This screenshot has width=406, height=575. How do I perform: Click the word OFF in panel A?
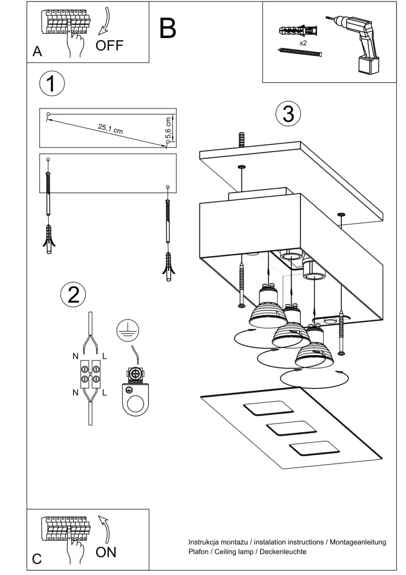109,45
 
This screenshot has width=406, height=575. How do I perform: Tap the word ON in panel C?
106,552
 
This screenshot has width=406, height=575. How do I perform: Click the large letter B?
168,28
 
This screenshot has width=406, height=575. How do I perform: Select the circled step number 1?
52,84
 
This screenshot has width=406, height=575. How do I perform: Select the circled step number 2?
73,294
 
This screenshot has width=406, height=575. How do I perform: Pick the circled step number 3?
288,114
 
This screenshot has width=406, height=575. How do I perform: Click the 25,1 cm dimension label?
110,129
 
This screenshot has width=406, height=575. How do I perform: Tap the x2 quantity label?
303,43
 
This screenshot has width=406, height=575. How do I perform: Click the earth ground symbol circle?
128,331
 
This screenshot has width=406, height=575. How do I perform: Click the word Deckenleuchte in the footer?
283,552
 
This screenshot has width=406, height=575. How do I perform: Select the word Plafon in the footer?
199,552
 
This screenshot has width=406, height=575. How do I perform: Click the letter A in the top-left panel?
37,52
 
